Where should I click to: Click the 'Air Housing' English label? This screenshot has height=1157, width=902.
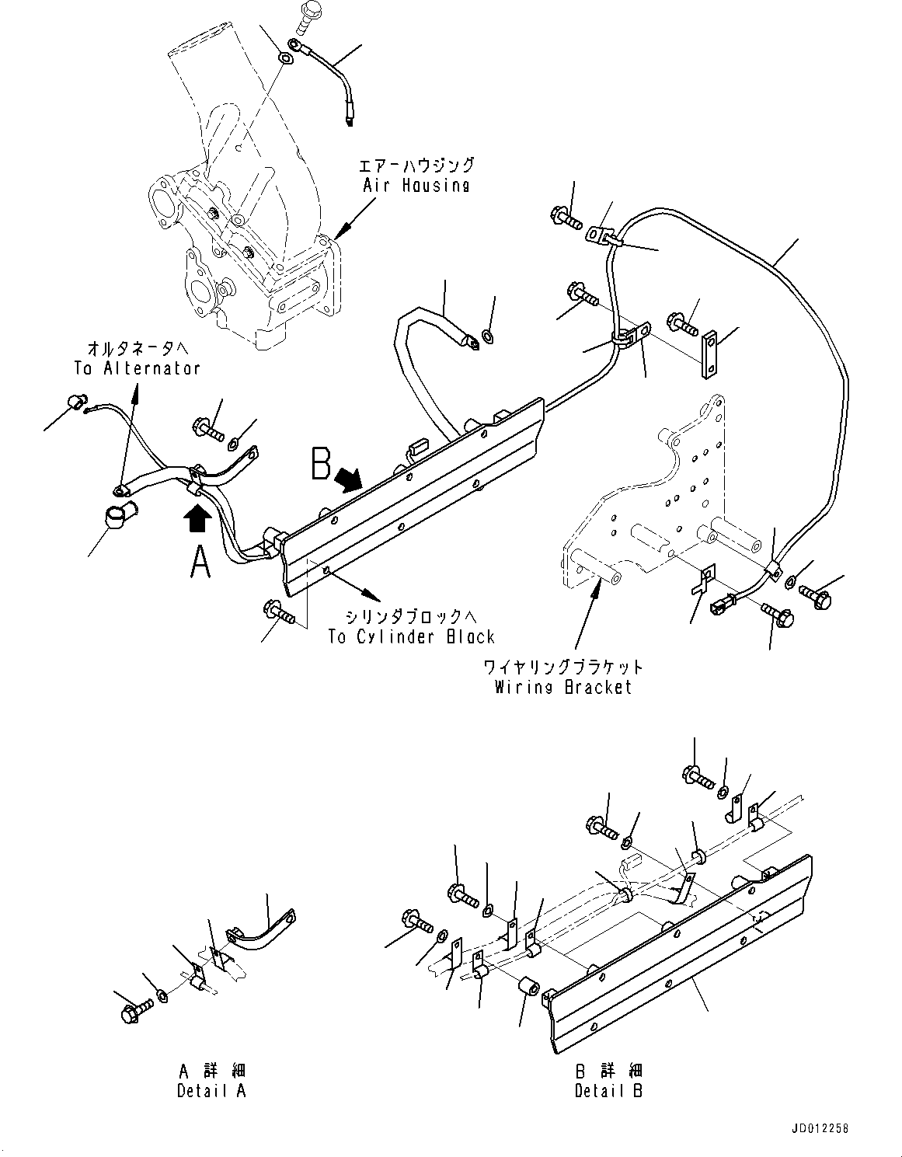coord(416,186)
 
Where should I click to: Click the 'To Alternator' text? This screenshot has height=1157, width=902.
coord(138,368)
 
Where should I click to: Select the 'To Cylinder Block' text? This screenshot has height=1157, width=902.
coord(411,637)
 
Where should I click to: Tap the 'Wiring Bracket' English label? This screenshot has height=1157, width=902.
coord(563,687)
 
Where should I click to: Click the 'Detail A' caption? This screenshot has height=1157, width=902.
coord(211,1091)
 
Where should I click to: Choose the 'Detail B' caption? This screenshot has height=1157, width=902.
coord(609,1091)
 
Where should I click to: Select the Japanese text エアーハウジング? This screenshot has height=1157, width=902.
coord(416,166)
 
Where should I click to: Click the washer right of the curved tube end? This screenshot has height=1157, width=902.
coord(488,336)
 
